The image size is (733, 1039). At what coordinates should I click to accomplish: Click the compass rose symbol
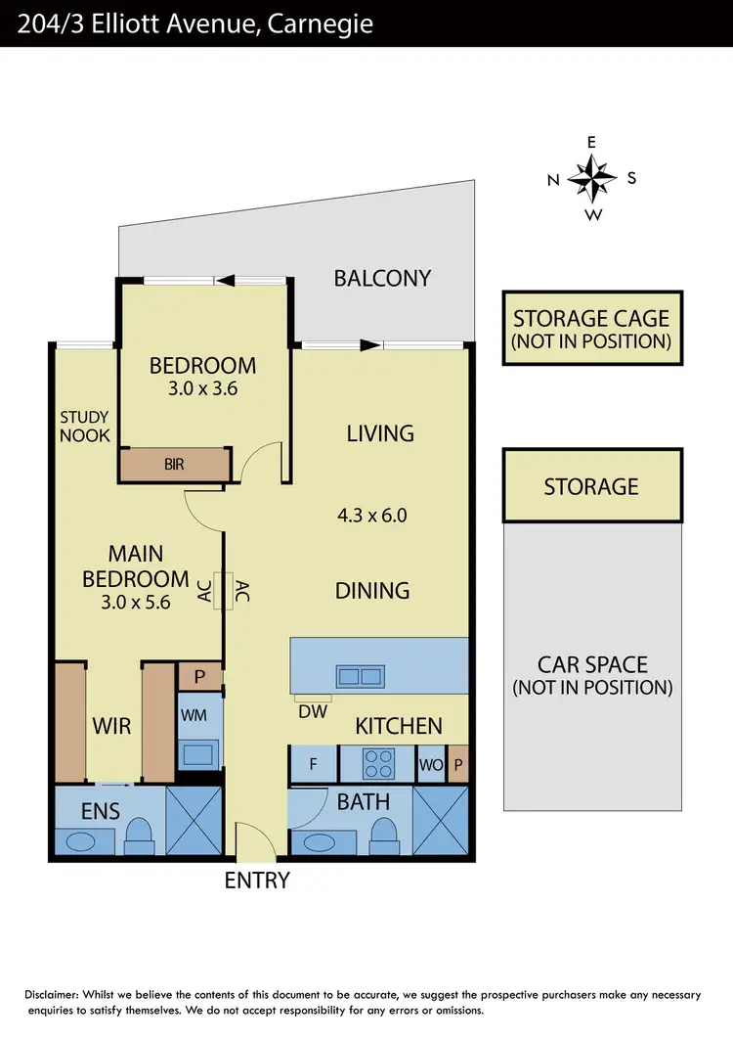592,178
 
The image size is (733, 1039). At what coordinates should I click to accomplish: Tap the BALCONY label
382,278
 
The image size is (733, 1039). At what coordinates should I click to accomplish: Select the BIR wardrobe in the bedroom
175,465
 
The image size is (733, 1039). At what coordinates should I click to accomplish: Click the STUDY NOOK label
84,426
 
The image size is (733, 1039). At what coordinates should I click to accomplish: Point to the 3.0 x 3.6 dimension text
202,388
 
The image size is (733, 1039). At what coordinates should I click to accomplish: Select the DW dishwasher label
312,710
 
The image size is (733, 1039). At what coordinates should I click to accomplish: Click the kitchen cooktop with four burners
377,763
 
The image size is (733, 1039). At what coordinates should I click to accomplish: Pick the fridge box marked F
313,764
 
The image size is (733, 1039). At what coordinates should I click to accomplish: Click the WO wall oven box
430,764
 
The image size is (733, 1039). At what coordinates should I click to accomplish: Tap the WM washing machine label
192,716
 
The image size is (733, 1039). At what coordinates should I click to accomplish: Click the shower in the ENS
194,821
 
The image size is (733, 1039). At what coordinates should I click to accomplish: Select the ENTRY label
257,881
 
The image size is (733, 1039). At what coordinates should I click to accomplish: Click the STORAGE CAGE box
591,328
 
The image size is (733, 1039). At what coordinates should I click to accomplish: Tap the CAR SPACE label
592,675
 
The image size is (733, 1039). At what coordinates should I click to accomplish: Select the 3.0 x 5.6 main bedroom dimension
135,603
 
